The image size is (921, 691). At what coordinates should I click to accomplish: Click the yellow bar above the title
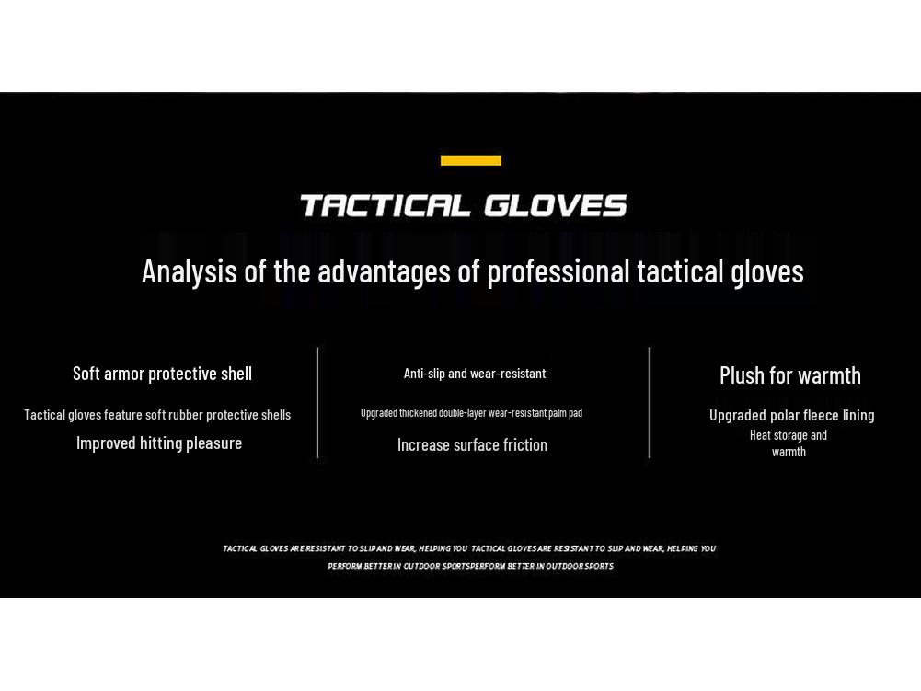coord(471,161)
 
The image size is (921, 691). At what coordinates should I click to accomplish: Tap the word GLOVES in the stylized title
coord(556,205)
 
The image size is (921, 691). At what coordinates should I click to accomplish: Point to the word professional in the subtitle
coord(558,271)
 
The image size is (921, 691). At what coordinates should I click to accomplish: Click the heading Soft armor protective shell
coord(162,374)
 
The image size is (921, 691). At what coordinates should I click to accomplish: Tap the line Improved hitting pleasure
coord(159,443)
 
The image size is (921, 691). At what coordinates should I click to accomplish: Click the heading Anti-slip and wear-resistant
coord(475,374)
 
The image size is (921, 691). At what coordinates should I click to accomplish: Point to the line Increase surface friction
coord(472,445)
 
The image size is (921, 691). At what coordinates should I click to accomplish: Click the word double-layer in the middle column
coord(462,413)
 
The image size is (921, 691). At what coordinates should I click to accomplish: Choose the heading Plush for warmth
coord(790,375)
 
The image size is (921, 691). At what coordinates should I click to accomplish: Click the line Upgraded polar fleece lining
coord(791,416)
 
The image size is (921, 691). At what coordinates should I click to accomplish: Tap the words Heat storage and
coord(789,435)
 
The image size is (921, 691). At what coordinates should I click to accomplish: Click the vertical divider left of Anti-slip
coord(317,402)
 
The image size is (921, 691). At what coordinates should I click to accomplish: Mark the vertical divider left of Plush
coord(650,402)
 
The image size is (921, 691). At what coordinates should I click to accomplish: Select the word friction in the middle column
coord(524,445)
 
